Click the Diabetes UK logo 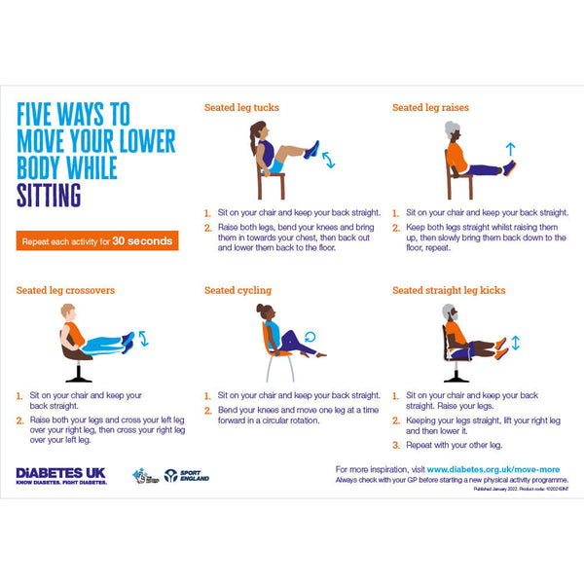pos(60,476)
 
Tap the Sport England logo pos(186,476)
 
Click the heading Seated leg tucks pos(239,108)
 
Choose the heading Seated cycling pos(237,290)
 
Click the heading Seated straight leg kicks pos(449,290)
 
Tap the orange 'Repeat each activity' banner pos(96,240)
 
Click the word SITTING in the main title pos(50,196)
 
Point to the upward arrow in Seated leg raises pos(510,148)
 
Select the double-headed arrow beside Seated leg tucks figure pos(328,158)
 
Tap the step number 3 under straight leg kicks pos(396,445)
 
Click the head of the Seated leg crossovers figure pos(67,311)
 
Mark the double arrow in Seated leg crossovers pos(143,338)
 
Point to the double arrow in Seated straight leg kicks pos(515,343)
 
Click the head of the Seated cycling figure pos(264,311)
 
